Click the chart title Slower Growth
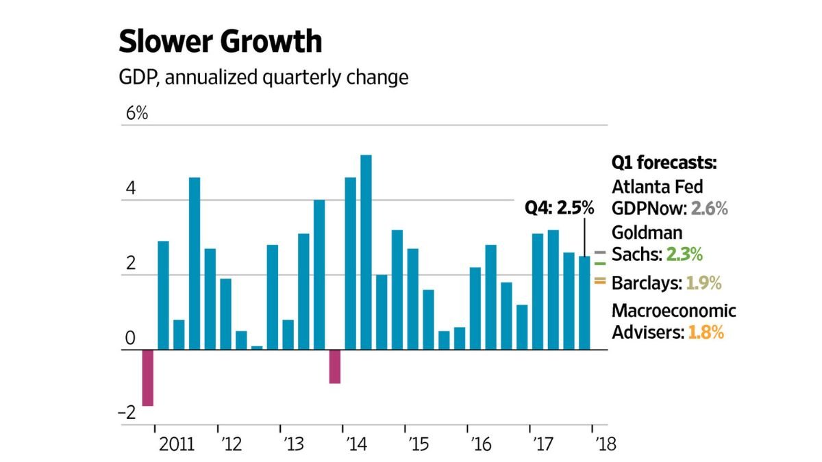pyautogui.click(x=220, y=42)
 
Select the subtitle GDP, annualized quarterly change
pyautogui.click(x=263, y=77)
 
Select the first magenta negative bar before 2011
pyautogui.click(x=147, y=378)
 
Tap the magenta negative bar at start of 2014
pyautogui.click(x=334, y=367)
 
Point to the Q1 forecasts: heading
pyautogui.click(x=664, y=164)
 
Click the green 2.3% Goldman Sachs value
pyautogui.click(x=684, y=255)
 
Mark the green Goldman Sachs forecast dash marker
pyautogui.click(x=601, y=263)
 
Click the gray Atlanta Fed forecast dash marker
pyautogui.click(x=601, y=252)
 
